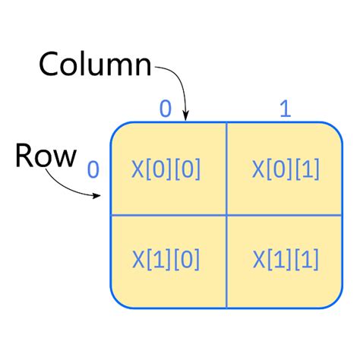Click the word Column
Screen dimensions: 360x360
(95, 65)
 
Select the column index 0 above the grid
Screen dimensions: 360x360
(165, 109)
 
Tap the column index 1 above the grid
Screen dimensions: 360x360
(285, 109)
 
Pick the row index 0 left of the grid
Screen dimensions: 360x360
(93, 169)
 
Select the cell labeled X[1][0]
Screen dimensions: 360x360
(167, 261)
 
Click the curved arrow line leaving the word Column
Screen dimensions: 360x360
(176, 77)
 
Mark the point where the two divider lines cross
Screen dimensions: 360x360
(226, 215)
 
